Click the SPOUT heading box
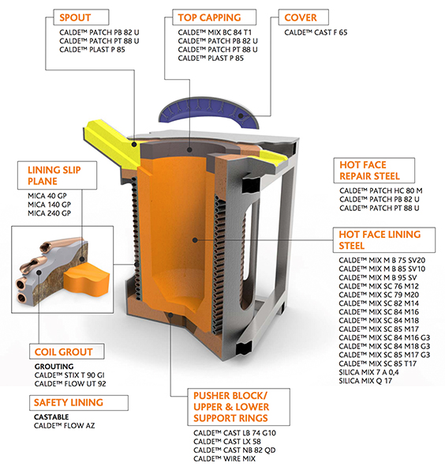coord(81,17)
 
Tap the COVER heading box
coord(304,17)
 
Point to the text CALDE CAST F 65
coord(316,32)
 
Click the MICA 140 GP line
coord(50,205)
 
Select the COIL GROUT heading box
coord(66,352)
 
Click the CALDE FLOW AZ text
coord(64,426)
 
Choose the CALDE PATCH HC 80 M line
coord(381,190)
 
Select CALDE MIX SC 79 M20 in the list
coord(379,295)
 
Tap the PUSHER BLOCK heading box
coord(238,407)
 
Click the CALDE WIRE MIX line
coord(224,459)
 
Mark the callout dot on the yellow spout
coord(134,145)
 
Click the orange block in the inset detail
coord(87,280)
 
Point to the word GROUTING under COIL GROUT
coord(54,367)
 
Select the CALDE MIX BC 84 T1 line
coord(215,32)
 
